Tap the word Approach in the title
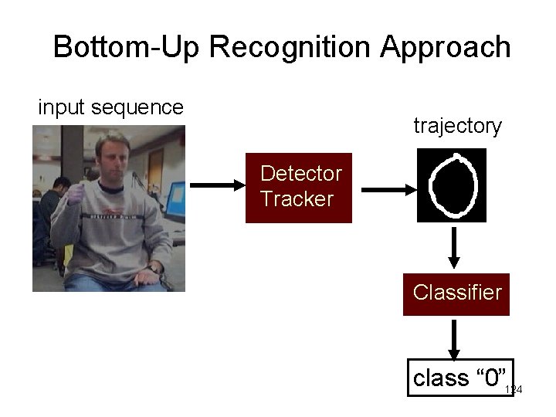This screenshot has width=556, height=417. (x=446, y=48)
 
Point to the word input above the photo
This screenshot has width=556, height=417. (x=62, y=107)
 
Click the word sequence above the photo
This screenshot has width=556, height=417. (x=137, y=108)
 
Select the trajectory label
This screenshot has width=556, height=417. (x=458, y=125)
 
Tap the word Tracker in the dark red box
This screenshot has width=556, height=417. (x=297, y=198)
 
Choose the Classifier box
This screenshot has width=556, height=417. (x=457, y=293)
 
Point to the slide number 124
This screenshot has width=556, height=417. (x=514, y=391)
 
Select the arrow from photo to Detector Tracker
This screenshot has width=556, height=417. (x=216, y=186)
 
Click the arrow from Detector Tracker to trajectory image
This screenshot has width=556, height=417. (x=387, y=188)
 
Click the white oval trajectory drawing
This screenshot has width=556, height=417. (x=455, y=185)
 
